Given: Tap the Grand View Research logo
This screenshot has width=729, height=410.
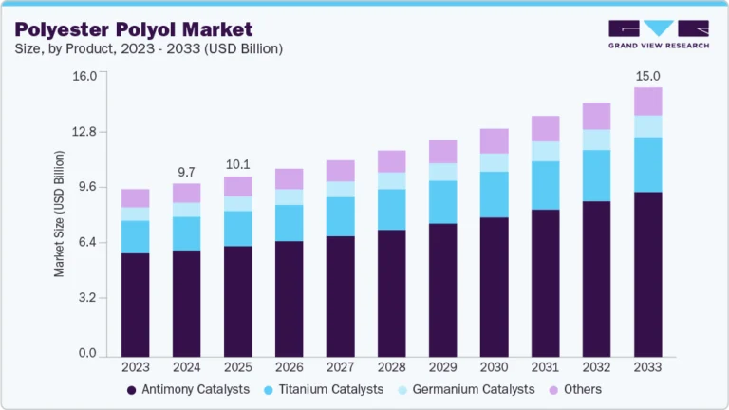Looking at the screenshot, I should coord(658,34).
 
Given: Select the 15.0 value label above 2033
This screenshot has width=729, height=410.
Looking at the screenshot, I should coord(647,75).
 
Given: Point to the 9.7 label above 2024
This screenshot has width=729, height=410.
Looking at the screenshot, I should coord(186,172).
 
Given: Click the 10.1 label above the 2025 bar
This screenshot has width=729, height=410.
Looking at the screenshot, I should coord(237,164).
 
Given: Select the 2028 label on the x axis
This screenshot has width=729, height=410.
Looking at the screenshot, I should coord(391,366).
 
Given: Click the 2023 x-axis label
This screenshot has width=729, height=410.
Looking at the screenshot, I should coord(135,366).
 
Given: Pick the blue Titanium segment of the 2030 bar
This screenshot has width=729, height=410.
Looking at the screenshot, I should coord(494,195).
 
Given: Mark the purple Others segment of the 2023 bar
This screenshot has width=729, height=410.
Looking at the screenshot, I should coord(135,197).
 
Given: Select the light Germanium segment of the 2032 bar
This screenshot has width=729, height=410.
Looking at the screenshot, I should coord(596,140).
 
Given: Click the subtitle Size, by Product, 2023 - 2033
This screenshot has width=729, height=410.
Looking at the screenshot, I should coord(148,47).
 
